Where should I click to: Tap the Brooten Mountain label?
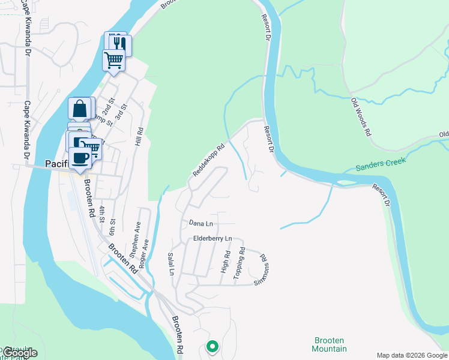coord(330,344)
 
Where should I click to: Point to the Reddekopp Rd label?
coord(208,160)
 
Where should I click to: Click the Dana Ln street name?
coord(200,223)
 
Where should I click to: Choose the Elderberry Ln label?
coord(212,239)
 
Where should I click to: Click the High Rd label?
coord(226,262)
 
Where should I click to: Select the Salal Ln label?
coord(170,263)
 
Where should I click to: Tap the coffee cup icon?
coord(80,158)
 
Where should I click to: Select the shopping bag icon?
coord(80,109)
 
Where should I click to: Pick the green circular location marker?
coord(212,346)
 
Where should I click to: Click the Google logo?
coord(19,353)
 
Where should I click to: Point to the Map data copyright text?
coord(412,355)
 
